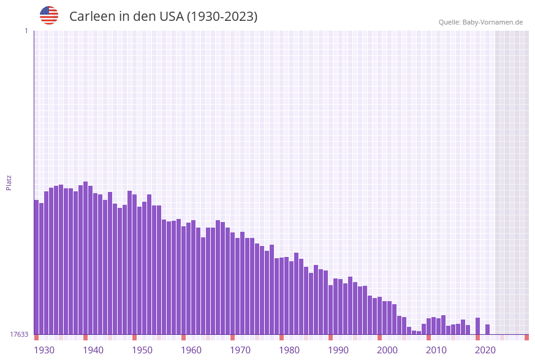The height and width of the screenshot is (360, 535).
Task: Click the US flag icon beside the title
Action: point(49,15)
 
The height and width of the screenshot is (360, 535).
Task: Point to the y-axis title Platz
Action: point(9,182)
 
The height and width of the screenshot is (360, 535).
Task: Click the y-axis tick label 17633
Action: point(19,334)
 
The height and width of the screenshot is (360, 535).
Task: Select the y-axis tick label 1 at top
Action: point(26,31)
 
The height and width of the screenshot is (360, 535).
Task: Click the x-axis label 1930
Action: point(44,350)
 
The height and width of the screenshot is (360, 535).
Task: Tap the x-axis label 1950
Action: point(142,350)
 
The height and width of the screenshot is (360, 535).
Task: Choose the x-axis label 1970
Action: point(240,350)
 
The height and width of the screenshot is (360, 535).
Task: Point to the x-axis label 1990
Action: point(338,350)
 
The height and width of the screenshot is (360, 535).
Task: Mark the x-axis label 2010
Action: point(436,350)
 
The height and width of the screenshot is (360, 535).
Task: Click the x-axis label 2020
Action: point(485,350)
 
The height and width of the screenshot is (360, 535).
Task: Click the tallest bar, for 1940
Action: point(85,258)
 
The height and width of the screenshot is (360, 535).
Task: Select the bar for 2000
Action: point(379,316)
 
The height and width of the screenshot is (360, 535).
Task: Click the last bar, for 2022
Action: point(487,329)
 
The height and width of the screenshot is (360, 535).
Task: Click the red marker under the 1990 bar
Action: point(330,337)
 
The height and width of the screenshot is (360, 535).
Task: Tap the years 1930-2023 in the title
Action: point(221,17)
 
